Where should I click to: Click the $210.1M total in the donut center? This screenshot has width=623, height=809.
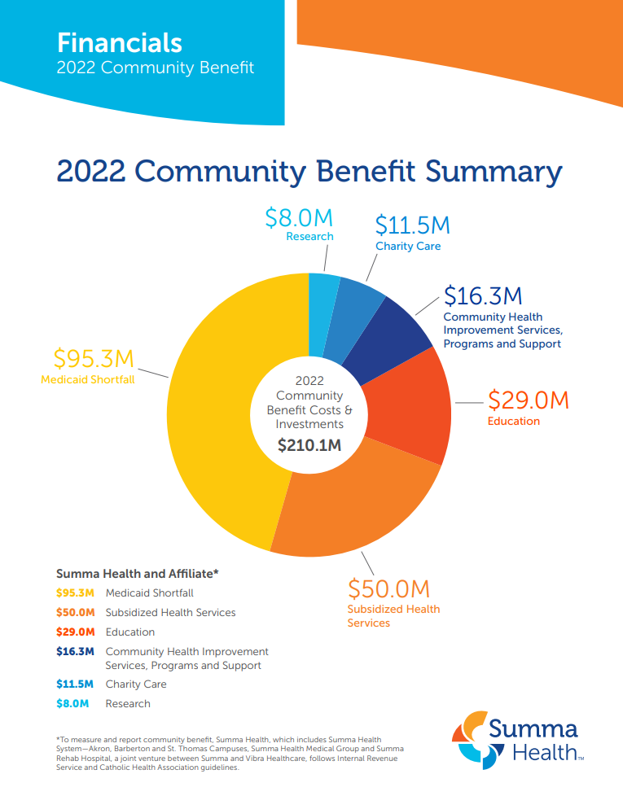coord(309,445)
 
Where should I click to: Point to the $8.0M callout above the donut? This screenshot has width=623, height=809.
coord(299,218)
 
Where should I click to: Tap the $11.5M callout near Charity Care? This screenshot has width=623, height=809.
coord(412,225)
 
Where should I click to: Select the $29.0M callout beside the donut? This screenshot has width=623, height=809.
coord(528,400)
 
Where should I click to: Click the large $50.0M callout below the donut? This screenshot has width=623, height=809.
coord(388,588)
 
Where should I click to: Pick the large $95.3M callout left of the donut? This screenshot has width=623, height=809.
coord(94,359)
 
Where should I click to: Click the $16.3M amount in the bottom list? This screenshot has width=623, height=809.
coord(75,651)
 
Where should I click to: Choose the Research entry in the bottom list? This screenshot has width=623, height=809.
coord(128,703)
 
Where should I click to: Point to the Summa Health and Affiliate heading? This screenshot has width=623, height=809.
coord(137,573)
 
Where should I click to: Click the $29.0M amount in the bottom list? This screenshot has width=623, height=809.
coord(75,632)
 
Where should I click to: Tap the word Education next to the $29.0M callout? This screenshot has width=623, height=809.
coord(513,421)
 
